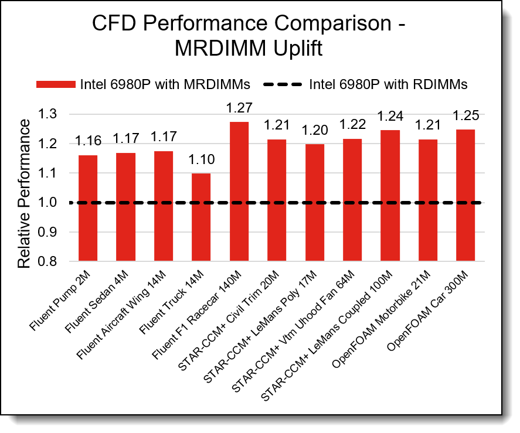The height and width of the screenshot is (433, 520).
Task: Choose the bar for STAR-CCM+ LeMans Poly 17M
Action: coord(314,202)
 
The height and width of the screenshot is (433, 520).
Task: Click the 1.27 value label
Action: coord(239,108)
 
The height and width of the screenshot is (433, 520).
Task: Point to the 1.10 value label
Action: coord(201,159)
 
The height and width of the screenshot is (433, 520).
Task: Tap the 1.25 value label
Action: coord(465,115)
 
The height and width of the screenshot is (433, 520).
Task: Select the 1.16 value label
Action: coord(88,141)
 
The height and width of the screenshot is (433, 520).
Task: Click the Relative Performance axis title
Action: coord(24,193)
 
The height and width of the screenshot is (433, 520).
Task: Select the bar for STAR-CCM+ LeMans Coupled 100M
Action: coord(389,196)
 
